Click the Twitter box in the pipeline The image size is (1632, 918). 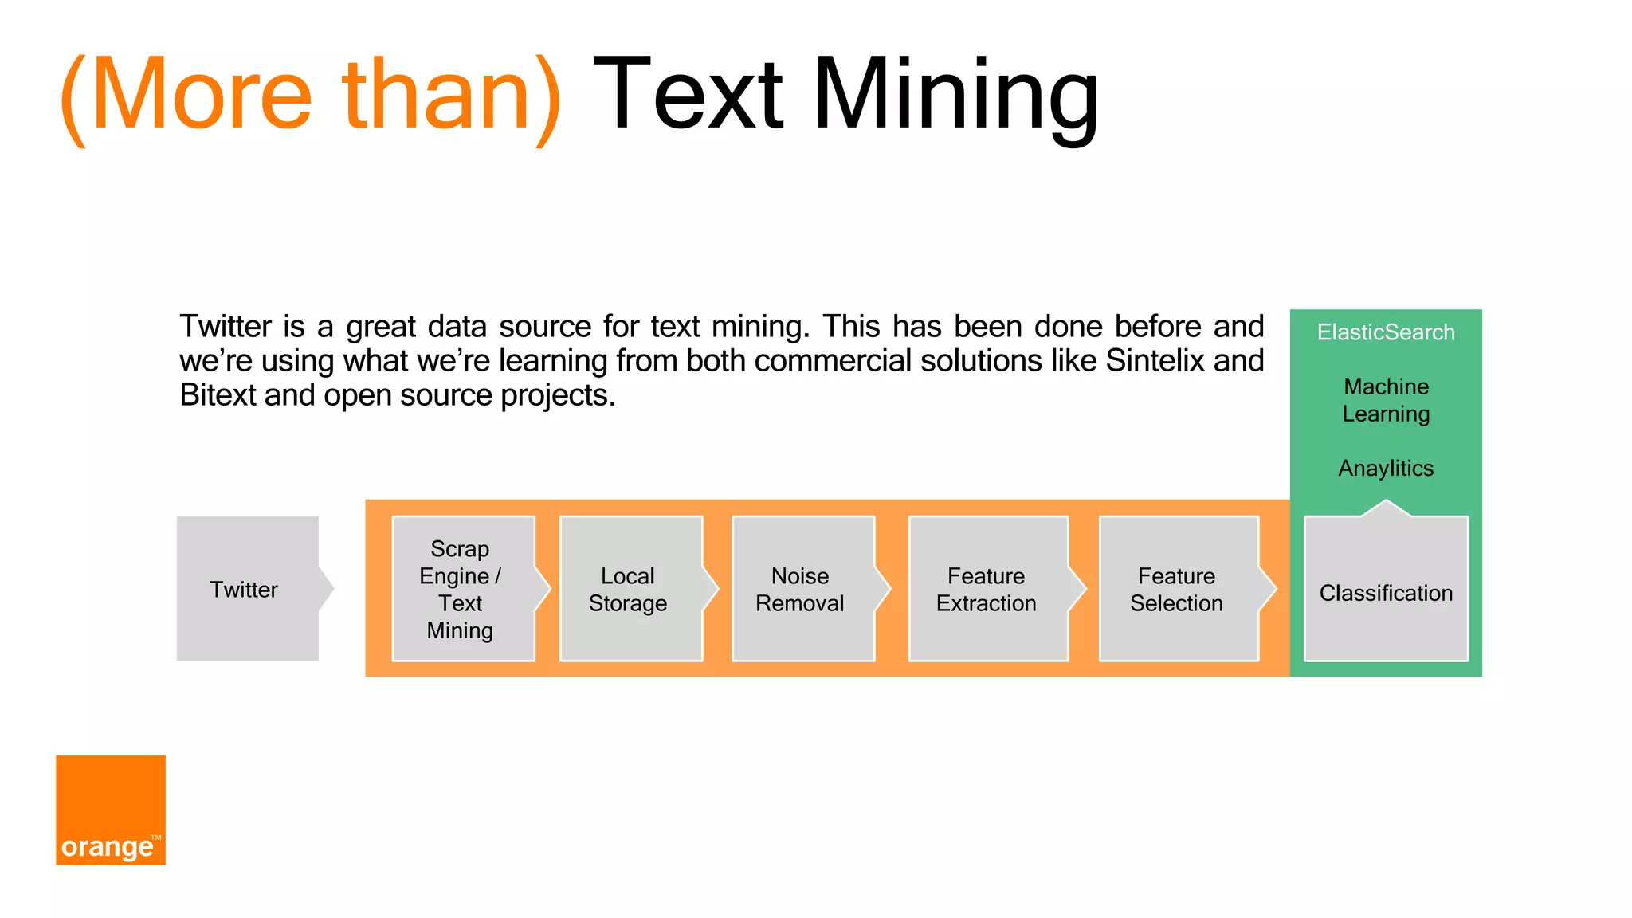coord(245,589)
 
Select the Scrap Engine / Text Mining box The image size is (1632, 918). coord(461,589)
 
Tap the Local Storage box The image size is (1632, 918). coord(629,589)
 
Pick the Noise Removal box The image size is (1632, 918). coord(801,589)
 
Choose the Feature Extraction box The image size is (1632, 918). coord(987,589)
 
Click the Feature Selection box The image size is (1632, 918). coord(1177,589)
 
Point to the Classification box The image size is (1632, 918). coord(1386,592)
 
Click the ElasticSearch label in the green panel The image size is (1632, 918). coord(1386,332)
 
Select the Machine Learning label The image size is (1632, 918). coord(1386,400)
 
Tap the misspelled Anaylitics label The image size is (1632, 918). coord(1386,469)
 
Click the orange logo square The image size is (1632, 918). coord(111,810)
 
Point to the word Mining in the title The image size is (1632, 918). coord(955,96)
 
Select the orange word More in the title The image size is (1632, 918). coord(201,96)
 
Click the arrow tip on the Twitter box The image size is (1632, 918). coord(328,589)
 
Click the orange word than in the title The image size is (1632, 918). coord(436,96)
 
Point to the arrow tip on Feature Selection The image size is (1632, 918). coord(1271,589)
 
